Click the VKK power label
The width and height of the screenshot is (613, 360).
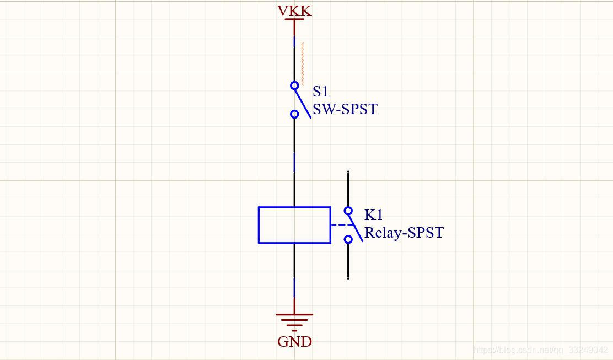(x=294, y=10)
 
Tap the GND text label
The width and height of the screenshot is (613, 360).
(x=294, y=342)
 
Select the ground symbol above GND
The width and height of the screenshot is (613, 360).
(x=294, y=320)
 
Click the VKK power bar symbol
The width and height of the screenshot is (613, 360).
(x=294, y=20)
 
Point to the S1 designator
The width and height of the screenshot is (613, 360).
(x=320, y=91)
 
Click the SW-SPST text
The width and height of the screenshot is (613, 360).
(x=345, y=109)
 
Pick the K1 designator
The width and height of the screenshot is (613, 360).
(x=373, y=214)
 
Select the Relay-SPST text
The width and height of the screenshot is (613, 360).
(x=404, y=233)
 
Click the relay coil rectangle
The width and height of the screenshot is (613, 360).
(x=294, y=225)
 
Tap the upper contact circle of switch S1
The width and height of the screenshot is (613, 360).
(x=294, y=85)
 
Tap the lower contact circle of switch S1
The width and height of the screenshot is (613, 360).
(x=294, y=114)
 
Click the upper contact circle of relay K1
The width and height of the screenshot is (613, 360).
(x=348, y=211)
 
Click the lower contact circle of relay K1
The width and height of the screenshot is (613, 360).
(x=348, y=239)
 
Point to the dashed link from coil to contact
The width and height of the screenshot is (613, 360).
(x=341, y=225)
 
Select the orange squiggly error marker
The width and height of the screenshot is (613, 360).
(x=302, y=64)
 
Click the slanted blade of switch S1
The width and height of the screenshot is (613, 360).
(x=303, y=103)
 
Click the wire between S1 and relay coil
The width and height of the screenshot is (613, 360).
(x=294, y=160)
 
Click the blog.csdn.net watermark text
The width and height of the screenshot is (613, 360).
(x=540, y=350)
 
